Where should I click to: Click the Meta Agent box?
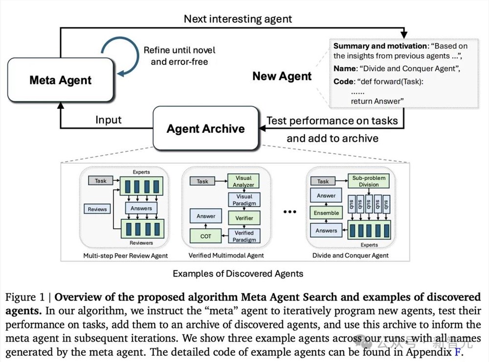click(60, 80)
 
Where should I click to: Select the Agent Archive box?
click(205, 129)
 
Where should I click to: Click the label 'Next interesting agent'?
click(238, 19)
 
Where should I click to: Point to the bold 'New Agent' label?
click(282, 76)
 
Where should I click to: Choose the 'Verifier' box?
click(244, 217)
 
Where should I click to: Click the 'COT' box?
click(206, 236)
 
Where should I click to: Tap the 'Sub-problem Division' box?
click(369, 181)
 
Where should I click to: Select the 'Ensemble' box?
click(326, 213)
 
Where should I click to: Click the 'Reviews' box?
click(97, 209)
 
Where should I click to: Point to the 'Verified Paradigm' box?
click(244, 236)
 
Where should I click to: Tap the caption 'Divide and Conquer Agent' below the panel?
click(351, 256)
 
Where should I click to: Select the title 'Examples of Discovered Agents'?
click(238, 274)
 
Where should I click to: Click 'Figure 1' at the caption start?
click(27, 297)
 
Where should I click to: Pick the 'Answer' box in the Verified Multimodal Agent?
click(206, 216)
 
